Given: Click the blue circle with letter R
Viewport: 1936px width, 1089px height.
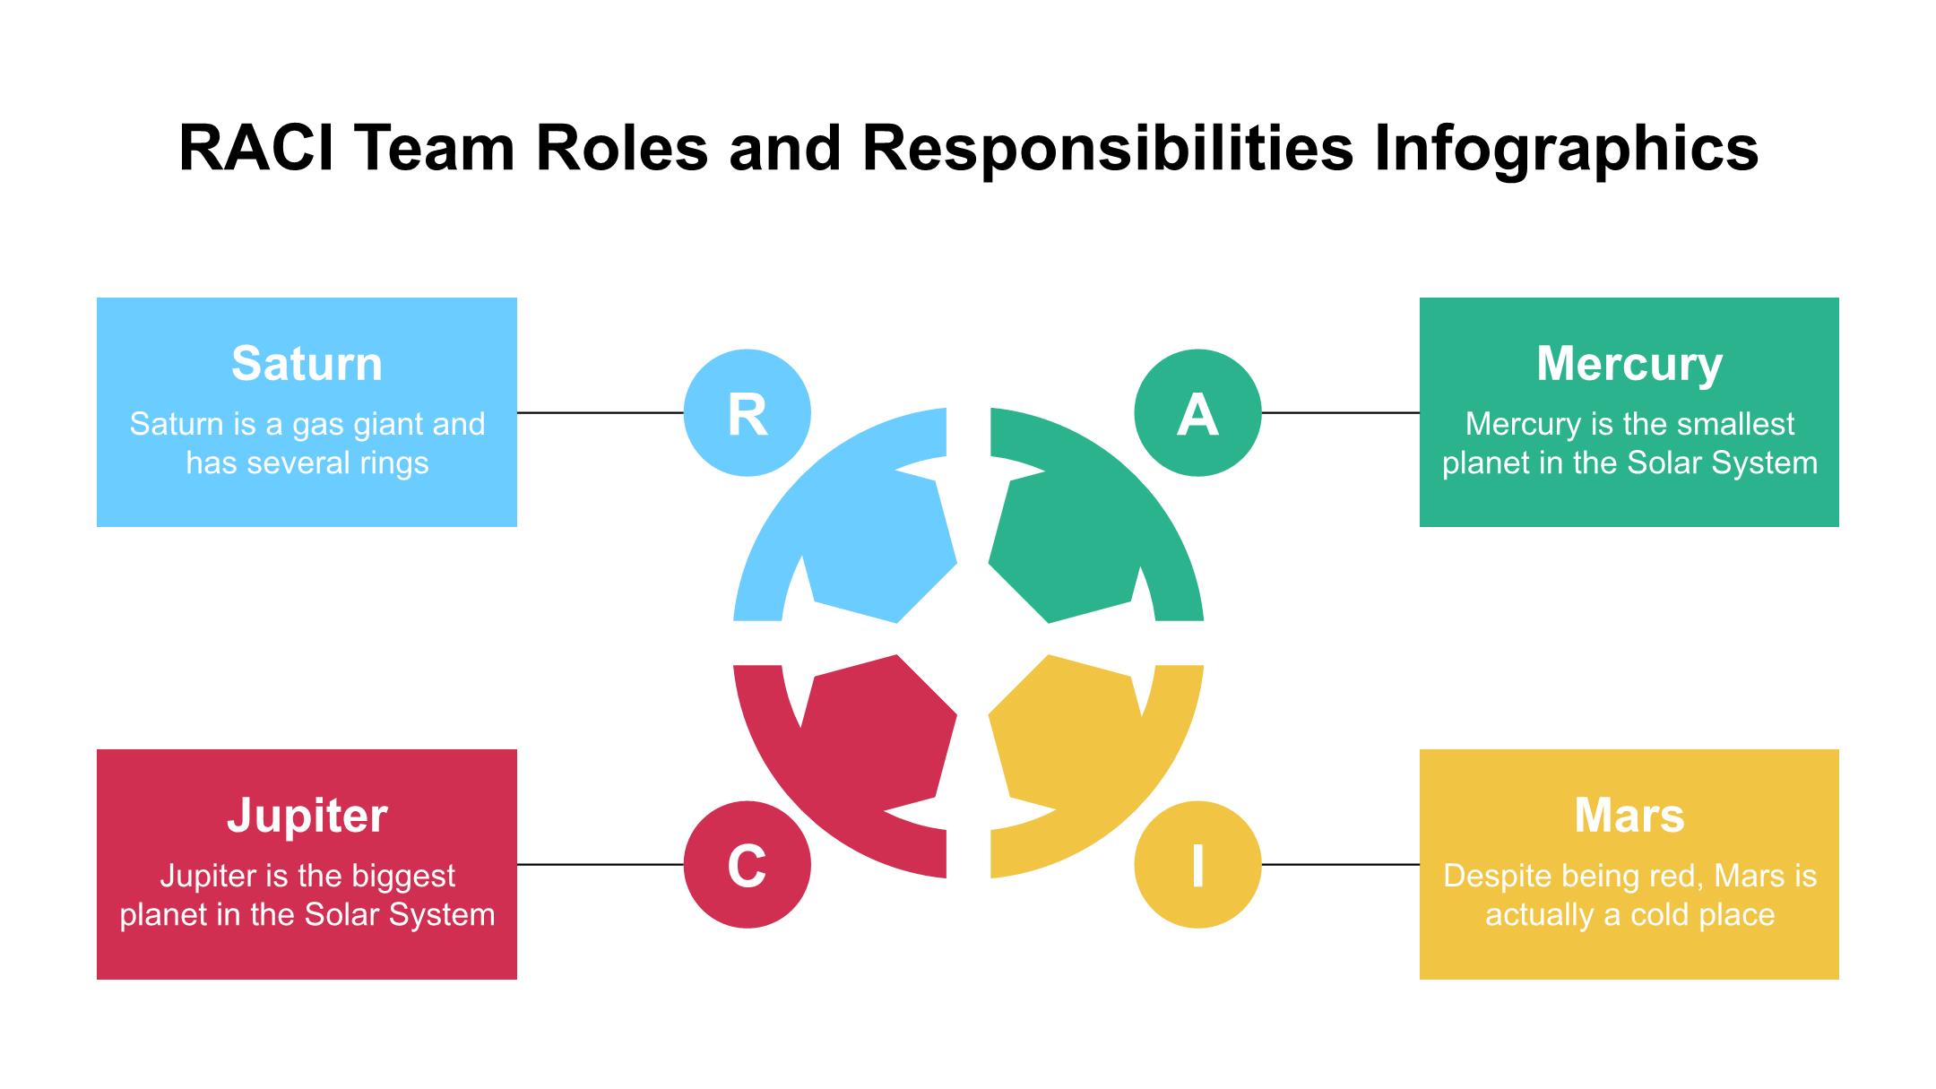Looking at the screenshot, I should point(747,413).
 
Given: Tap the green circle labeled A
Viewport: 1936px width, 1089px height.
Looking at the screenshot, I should point(1197,413).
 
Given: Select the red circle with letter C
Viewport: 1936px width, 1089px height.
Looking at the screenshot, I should point(747,865).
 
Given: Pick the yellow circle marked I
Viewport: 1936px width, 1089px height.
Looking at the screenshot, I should point(1197,865).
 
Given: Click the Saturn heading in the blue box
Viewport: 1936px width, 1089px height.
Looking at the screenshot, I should point(307,364).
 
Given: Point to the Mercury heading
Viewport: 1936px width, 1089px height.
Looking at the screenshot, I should point(1629,364).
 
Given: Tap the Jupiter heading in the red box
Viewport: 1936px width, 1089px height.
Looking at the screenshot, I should point(307,816).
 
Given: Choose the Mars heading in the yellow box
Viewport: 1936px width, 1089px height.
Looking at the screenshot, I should point(1629,816).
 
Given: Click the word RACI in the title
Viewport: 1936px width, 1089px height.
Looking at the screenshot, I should point(256,148).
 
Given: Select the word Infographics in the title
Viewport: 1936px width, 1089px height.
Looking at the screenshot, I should point(1566,148).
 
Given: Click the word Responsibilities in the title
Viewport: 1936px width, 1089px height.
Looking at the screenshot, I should point(1107,148).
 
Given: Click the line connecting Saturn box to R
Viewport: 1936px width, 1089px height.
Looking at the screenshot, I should point(600,413).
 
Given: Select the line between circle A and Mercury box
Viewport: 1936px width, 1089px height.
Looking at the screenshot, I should point(1340,413).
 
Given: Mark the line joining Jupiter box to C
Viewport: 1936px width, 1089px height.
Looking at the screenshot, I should point(600,865).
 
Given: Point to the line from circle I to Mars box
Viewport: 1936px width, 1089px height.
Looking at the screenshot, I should point(1340,865).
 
